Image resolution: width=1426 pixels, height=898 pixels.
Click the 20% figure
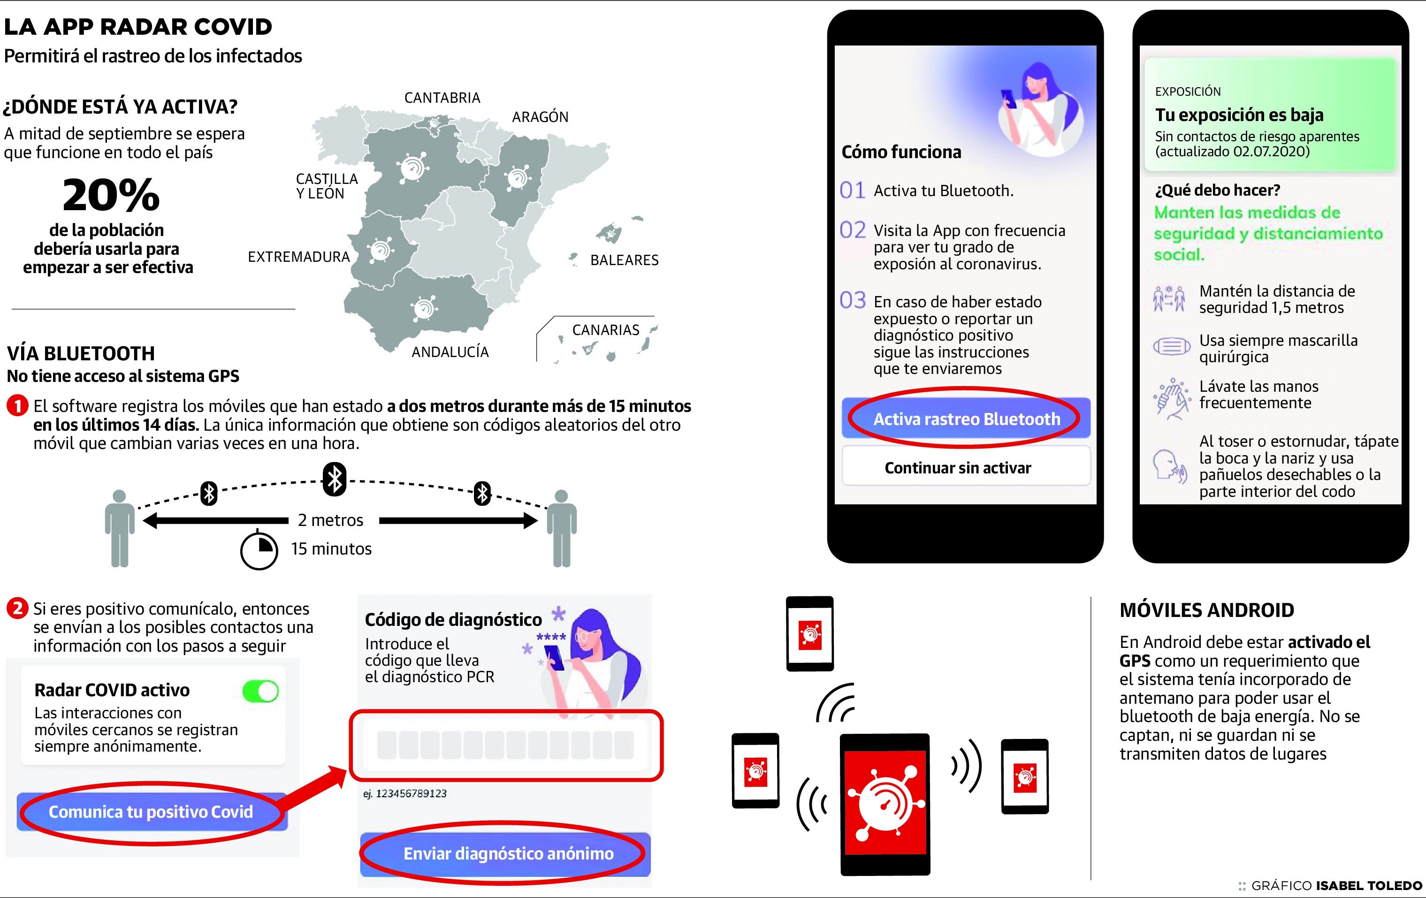tap(111, 195)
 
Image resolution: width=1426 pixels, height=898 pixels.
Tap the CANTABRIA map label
tap(442, 98)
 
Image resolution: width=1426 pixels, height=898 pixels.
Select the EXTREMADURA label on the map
tap(298, 257)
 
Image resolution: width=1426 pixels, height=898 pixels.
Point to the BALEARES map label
tap(624, 260)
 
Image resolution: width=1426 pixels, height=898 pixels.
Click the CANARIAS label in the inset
tap(606, 330)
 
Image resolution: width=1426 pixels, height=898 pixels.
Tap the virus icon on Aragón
tap(518, 178)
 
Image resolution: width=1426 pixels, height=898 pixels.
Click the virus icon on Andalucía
tap(424, 308)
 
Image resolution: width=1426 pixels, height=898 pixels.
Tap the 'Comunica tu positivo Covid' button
tap(152, 812)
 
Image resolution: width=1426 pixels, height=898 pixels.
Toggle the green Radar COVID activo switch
tap(260, 691)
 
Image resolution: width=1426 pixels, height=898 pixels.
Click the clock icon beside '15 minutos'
tap(259, 550)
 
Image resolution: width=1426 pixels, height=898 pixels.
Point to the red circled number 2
tap(17, 608)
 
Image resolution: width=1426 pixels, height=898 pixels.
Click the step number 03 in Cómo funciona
tap(853, 300)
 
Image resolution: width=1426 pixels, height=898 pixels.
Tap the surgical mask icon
tap(1171, 346)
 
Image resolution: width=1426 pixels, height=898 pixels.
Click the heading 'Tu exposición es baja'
tap(1239, 114)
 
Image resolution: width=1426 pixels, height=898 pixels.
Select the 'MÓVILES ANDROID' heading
tap(1207, 610)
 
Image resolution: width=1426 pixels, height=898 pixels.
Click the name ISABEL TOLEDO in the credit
tap(1369, 886)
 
